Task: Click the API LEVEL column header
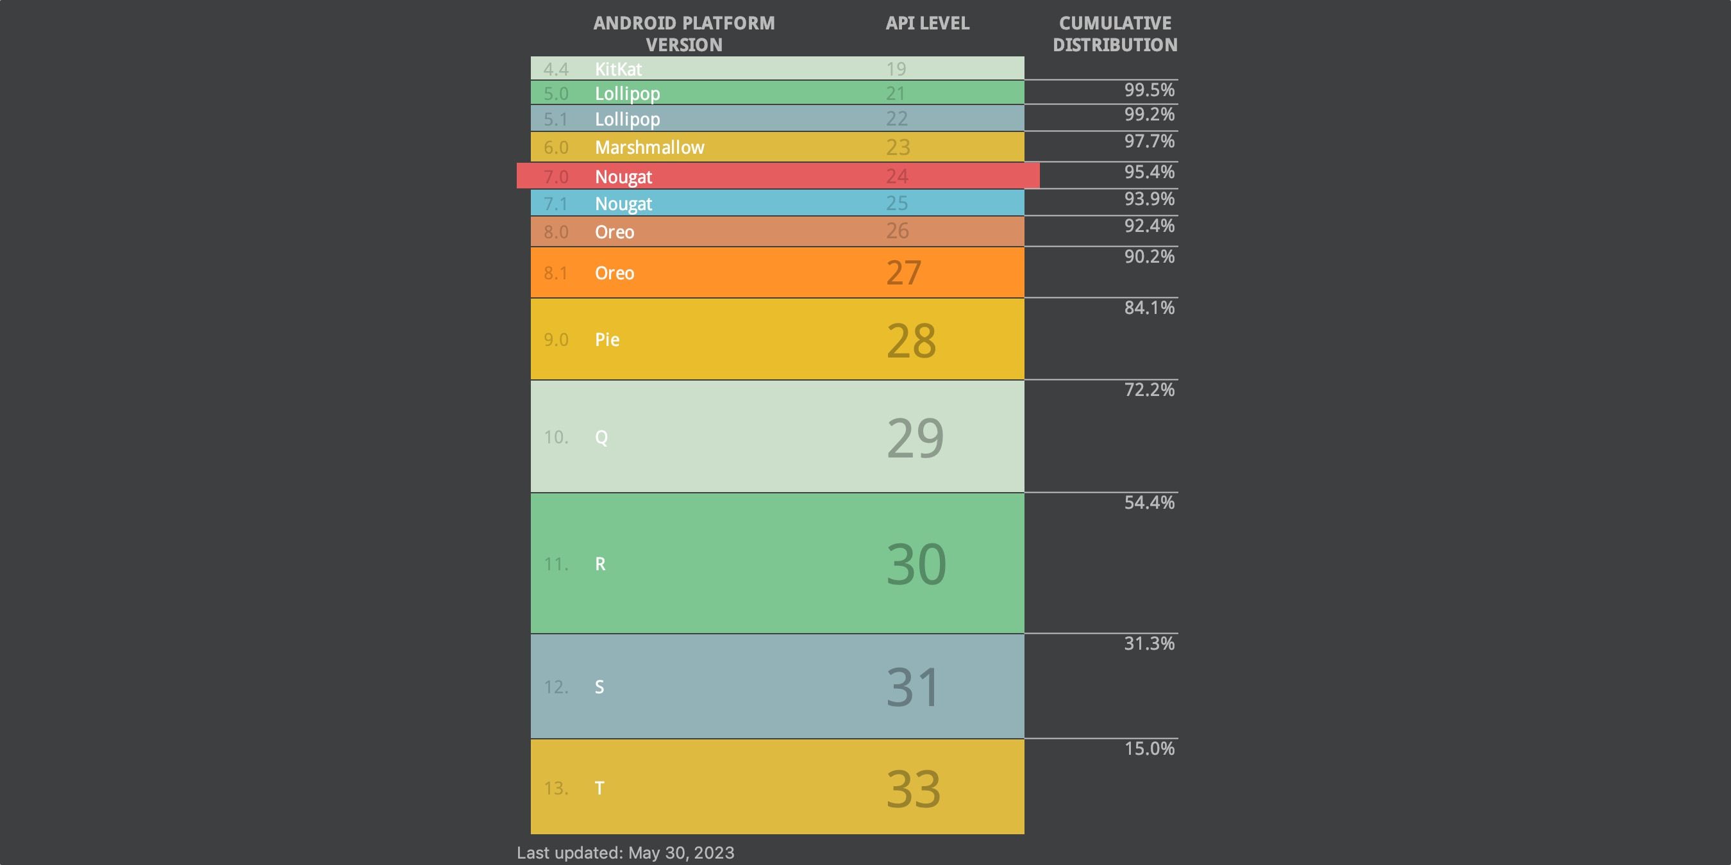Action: coord(926,24)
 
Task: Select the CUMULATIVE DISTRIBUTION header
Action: coord(1115,34)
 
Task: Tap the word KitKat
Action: coord(617,69)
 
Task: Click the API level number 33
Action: coord(912,789)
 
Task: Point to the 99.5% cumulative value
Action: coord(1149,90)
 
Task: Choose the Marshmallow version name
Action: coord(649,147)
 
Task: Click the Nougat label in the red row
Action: coord(623,177)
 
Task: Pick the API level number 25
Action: coord(896,203)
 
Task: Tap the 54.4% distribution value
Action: coord(1149,502)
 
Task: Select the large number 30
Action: coord(916,564)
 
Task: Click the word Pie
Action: coord(606,340)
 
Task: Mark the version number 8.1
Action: coord(555,274)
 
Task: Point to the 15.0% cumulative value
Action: coord(1149,748)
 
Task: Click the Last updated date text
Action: coord(625,853)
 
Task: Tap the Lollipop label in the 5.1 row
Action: coord(627,120)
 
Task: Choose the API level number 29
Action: coord(915,438)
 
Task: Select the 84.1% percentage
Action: coord(1149,308)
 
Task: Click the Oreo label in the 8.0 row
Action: coord(614,233)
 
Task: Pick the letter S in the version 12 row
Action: coord(599,687)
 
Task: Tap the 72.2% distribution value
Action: coord(1149,390)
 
